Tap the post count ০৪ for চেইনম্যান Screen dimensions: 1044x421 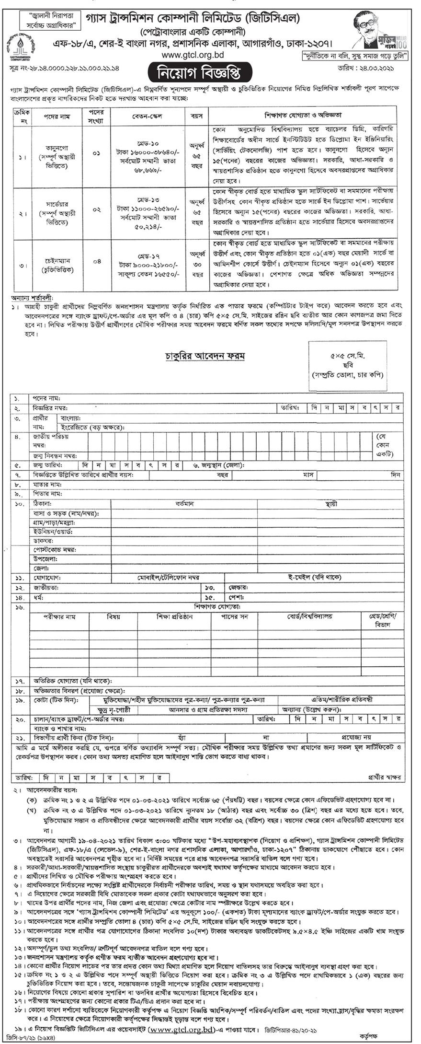point(96,261)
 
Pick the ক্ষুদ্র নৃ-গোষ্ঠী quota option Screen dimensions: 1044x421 point(114,709)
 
